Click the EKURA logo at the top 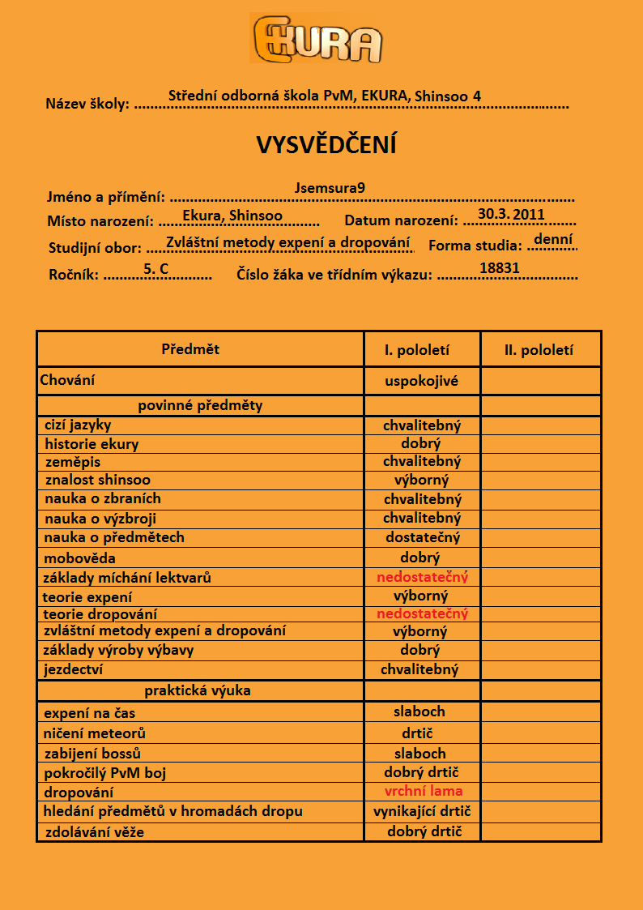point(317,39)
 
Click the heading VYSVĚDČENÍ point(326,144)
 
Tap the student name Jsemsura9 point(330,188)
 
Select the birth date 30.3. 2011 point(511,214)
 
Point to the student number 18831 point(500,268)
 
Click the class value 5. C point(155,267)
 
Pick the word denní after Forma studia point(553,240)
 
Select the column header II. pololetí point(539,350)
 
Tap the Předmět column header point(190,349)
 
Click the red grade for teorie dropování point(422,613)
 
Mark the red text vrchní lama point(424,791)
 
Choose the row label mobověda point(80,558)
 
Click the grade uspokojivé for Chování point(422,380)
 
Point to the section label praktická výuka point(198,690)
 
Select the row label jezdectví point(74,669)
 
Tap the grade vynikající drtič point(422,811)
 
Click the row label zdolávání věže point(94,831)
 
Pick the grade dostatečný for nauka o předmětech point(423,536)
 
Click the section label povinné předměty point(200,405)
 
